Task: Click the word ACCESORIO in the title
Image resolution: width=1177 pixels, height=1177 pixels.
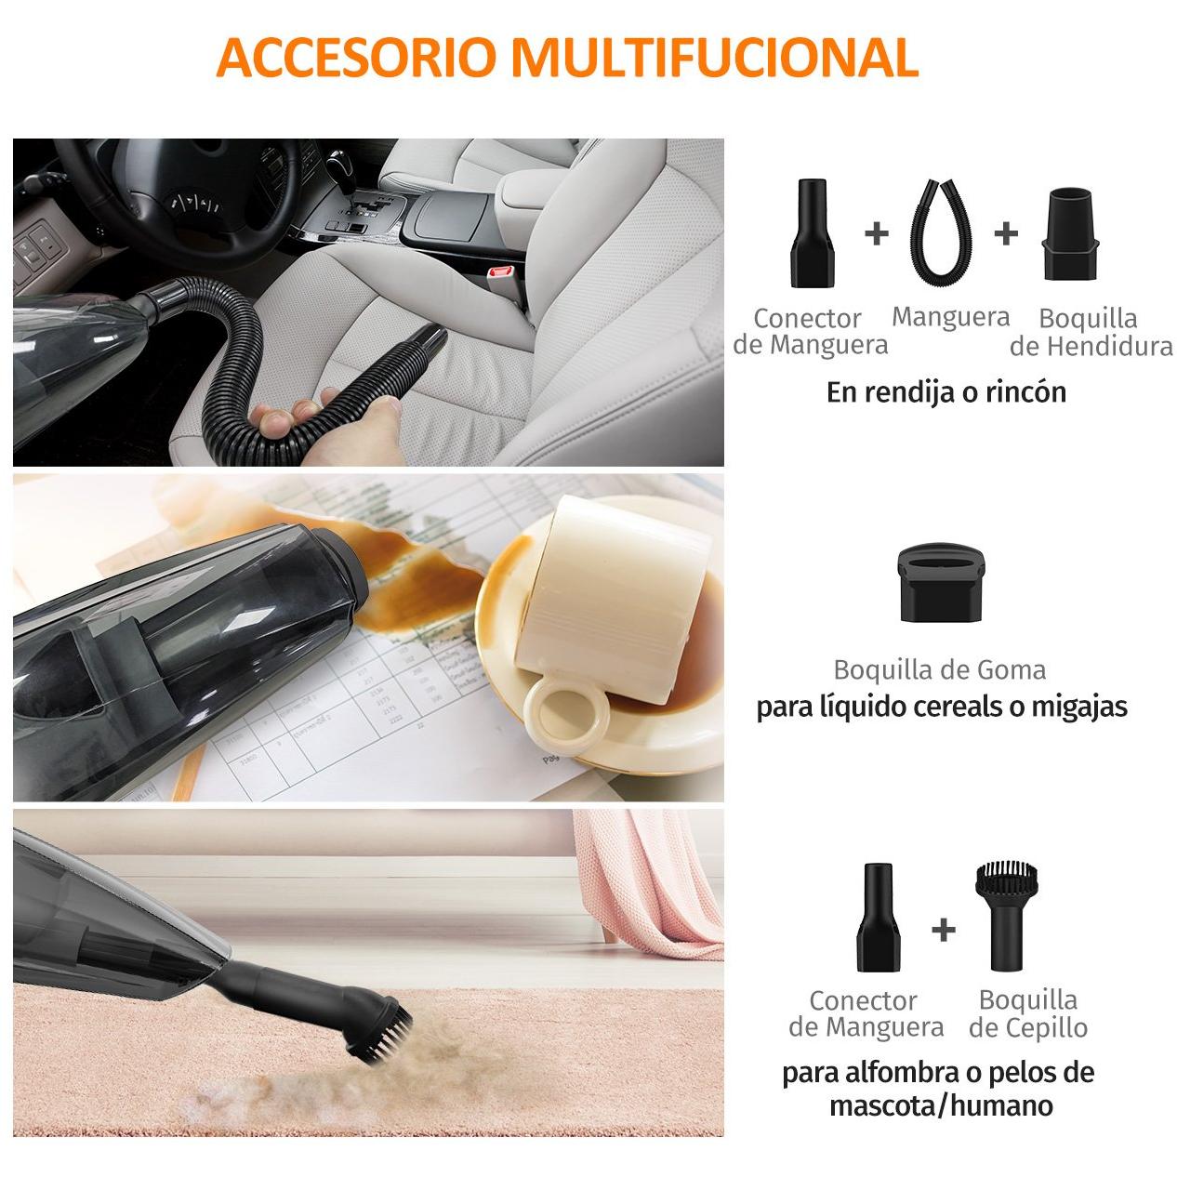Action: pos(355,58)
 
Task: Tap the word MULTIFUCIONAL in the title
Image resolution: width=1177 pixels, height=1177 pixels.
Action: pos(715,58)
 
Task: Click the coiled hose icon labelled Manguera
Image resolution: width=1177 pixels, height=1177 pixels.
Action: pos(941,231)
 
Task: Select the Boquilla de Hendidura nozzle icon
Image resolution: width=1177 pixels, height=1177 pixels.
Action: pos(1070,234)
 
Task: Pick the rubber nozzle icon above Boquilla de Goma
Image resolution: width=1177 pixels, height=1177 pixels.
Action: pos(941,582)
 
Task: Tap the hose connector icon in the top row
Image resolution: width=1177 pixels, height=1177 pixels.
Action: pos(813,233)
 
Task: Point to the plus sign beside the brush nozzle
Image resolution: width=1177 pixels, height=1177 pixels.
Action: pos(944,930)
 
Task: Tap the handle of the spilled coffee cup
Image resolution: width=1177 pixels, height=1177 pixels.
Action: pos(565,711)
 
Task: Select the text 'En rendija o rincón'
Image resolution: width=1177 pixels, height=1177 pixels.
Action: pos(946,392)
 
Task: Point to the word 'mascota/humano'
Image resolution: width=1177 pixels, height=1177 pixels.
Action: pos(941,1105)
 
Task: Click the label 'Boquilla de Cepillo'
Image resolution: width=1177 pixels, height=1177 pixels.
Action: pos(1028,1014)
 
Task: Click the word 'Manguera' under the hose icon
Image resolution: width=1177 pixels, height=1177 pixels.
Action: pos(950,317)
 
